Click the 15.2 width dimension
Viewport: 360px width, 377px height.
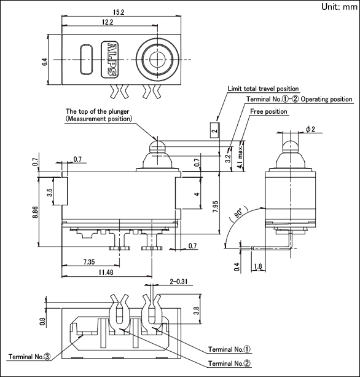pyautogui.click(x=119, y=12)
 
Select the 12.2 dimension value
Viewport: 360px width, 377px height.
pyautogui.click(x=108, y=22)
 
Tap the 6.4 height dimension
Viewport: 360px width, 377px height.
pyautogui.click(x=45, y=62)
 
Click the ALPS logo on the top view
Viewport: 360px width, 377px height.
pyautogui.click(x=110, y=60)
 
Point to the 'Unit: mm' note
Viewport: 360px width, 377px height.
pyautogui.click(x=339, y=7)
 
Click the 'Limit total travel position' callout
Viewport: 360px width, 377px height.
pyautogui.click(x=263, y=89)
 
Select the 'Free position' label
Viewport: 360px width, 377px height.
pyautogui.click(x=268, y=111)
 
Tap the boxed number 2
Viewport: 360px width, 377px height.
pyautogui.click(x=215, y=130)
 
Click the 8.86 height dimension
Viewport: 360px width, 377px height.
pyautogui.click(x=35, y=212)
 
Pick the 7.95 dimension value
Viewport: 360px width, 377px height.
pyautogui.click(x=216, y=206)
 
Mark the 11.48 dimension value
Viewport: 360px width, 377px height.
pyautogui.click(x=106, y=272)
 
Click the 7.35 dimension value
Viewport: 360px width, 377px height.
pyautogui.click(x=89, y=262)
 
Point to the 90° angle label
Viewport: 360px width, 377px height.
pyautogui.click(x=238, y=213)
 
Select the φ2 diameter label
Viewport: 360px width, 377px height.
pyautogui.click(x=310, y=129)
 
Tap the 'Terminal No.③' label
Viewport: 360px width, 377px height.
pyautogui.click(x=29, y=357)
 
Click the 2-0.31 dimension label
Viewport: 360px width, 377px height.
pyautogui.click(x=178, y=282)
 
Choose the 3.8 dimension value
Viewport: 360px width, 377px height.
pyautogui.click(x=197, y=311)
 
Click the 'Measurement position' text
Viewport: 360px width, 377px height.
pyautogui.click(x=99, y=119)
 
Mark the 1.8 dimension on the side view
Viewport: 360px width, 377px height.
pyautogui.click(x=257, y=266)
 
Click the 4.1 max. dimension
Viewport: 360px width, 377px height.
pyautogui.click(x=240, y=157)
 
